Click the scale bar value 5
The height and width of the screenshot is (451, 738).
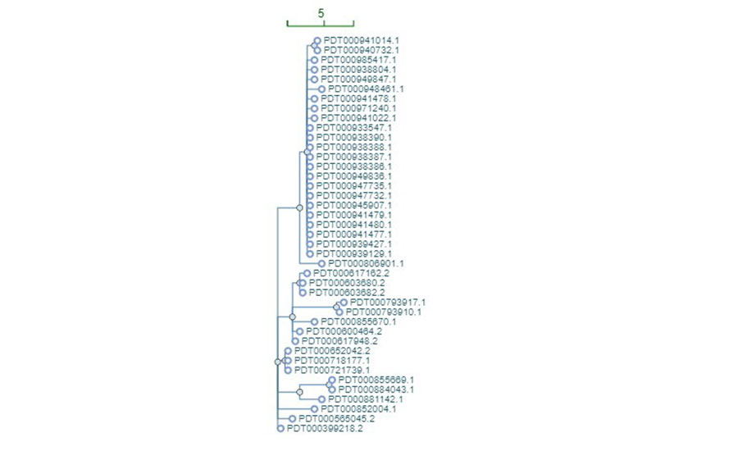coord(321,13)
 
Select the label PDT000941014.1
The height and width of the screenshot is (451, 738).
coord(362,40)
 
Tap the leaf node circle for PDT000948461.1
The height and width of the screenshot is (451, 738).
coord(321,89)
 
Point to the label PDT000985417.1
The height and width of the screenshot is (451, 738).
coord(358,60)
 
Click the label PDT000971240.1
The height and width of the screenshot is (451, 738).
coord(358,108)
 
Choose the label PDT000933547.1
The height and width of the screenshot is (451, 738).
coord(354,128)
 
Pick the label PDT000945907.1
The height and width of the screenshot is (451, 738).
coord(354,205)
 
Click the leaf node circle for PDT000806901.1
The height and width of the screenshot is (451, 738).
coord(321,264)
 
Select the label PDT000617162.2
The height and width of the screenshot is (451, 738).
coord(351,273)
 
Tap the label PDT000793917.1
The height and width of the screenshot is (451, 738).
coord(388,303)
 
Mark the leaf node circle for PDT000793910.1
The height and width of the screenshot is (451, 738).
coord(339,312)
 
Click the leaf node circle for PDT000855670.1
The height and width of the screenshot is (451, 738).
coord(314,322)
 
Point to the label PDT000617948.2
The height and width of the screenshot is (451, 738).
coord(339,341)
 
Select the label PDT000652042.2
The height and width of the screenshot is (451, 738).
coord(332,351)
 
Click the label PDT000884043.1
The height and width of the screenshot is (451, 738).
coord(376,389)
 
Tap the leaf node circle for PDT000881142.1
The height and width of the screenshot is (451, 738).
coord(321,399)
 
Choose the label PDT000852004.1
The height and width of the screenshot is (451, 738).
coord(358,409)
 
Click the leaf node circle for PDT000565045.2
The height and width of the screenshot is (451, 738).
coord(292,419)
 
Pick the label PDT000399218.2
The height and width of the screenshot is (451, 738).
coord(325,428)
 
